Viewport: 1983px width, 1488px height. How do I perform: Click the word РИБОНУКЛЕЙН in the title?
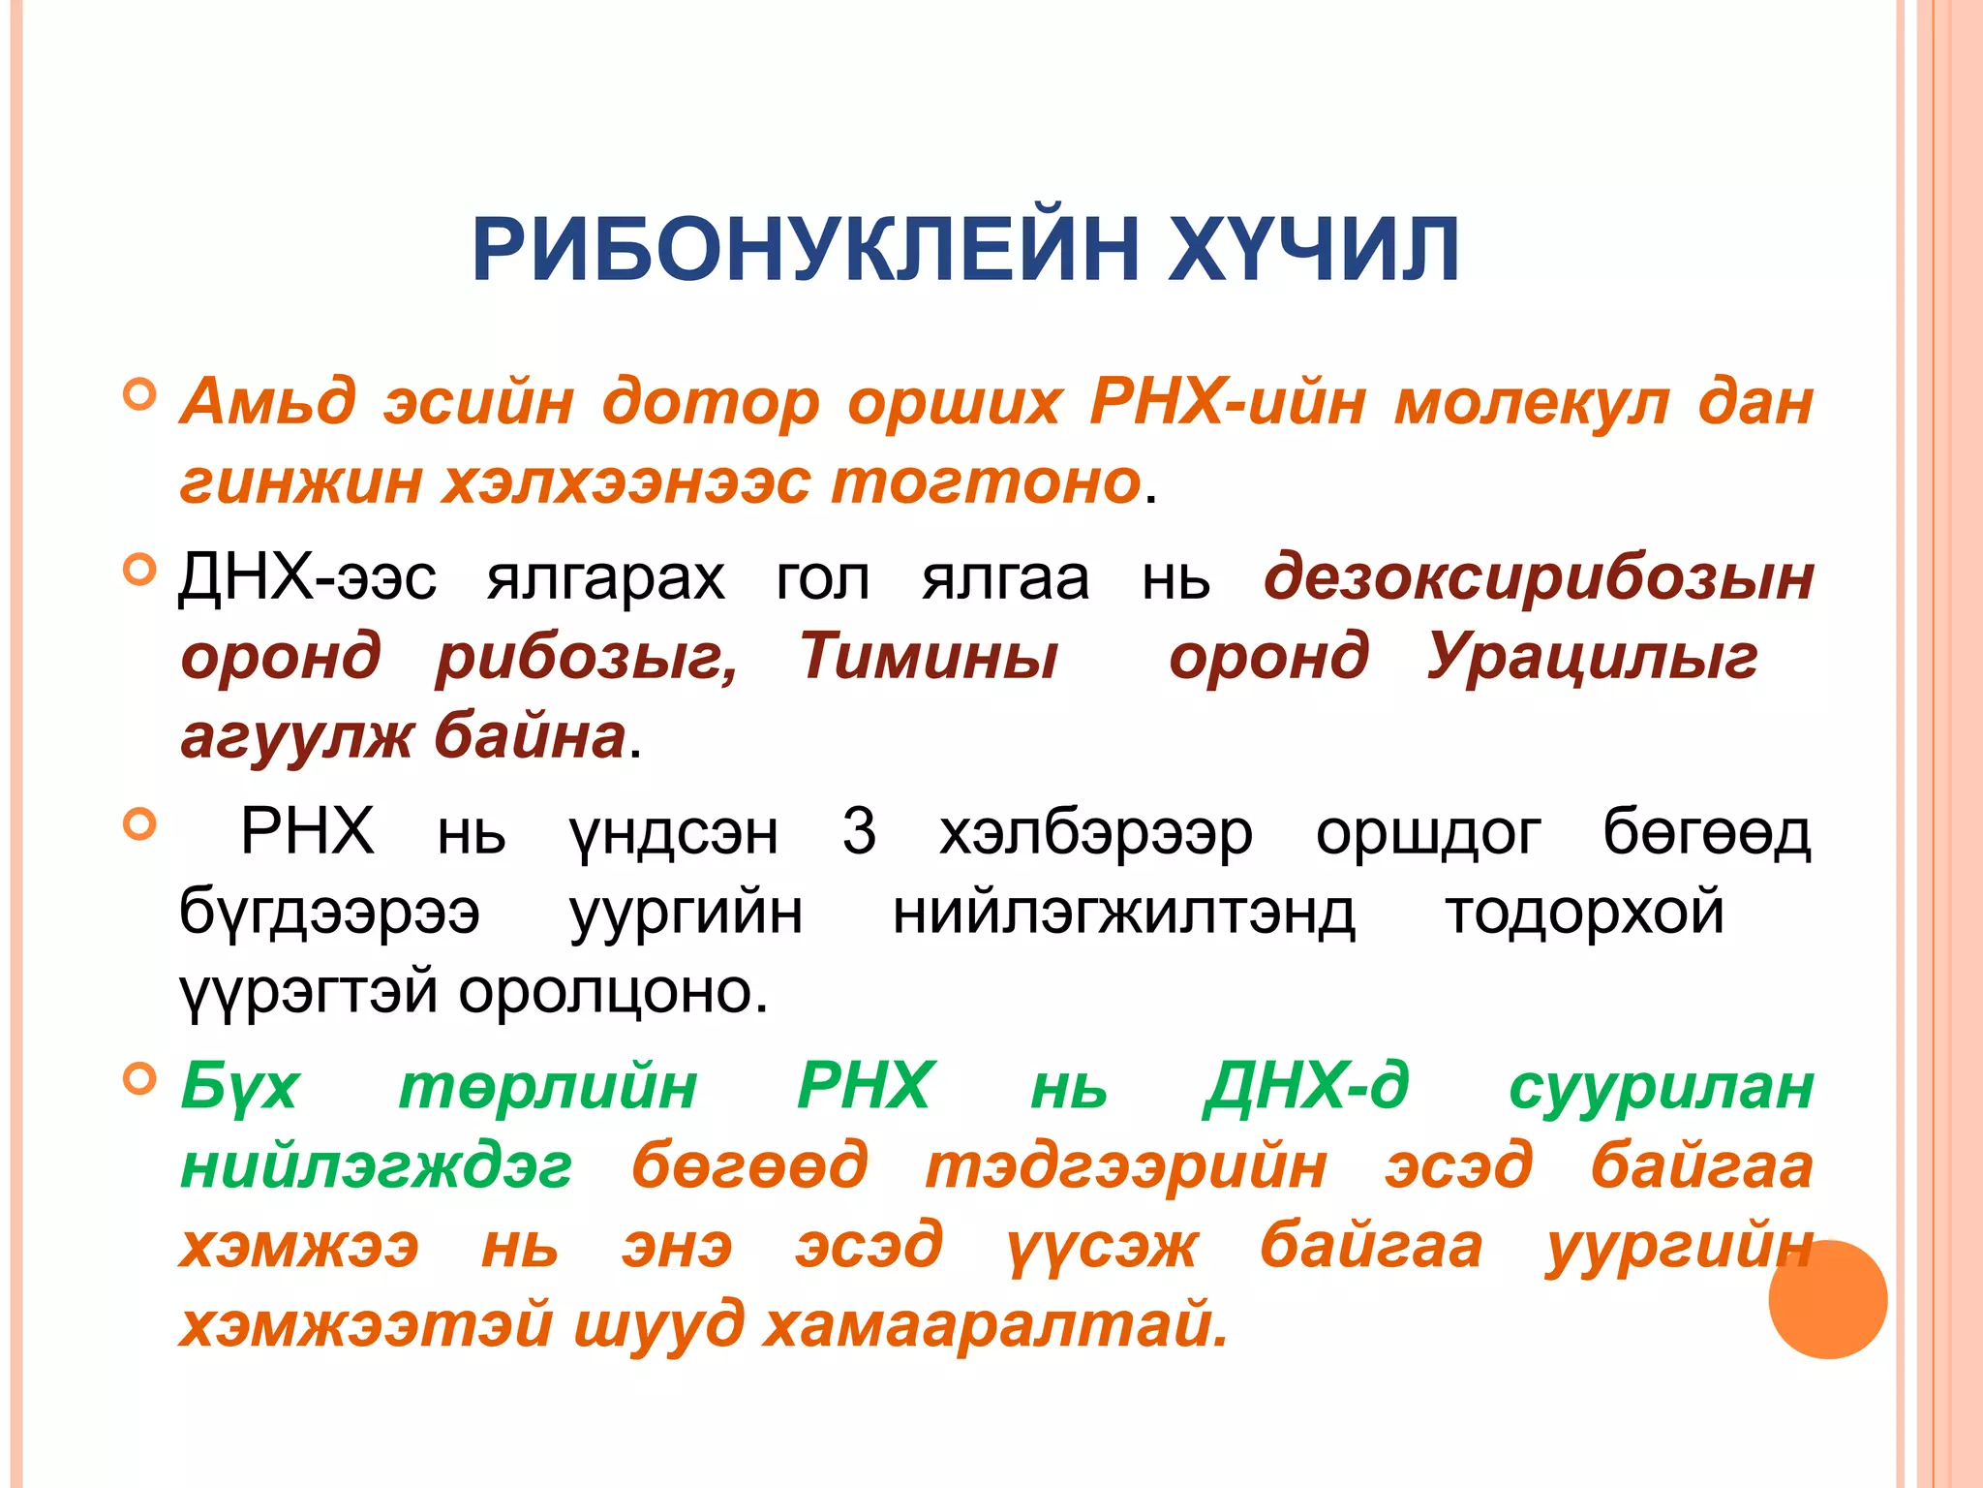805,250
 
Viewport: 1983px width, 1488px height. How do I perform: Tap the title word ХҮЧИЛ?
1314,250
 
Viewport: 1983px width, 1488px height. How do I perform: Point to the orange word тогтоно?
986,480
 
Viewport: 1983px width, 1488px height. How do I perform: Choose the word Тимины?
928,656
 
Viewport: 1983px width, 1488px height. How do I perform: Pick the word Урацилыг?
1592,656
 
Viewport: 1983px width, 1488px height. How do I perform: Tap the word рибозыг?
587,658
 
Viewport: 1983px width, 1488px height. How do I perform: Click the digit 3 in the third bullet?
859,831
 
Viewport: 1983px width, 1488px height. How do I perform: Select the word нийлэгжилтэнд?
1123,912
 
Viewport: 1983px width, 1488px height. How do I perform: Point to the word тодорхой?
1584,912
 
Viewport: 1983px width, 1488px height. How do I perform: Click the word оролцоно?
613,991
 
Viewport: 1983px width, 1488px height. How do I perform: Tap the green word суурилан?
1661,1086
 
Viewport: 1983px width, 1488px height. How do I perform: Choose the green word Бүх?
240,1086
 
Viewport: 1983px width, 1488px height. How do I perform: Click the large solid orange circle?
1827,1299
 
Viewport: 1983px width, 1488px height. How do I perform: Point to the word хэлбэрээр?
1096,833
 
